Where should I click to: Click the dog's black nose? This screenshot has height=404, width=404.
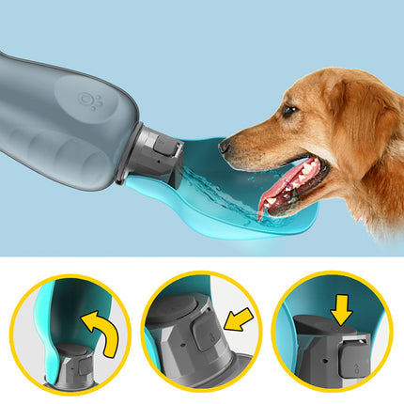225,146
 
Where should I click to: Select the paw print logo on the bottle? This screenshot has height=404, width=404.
91,100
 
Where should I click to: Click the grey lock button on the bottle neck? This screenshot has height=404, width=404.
166,148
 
